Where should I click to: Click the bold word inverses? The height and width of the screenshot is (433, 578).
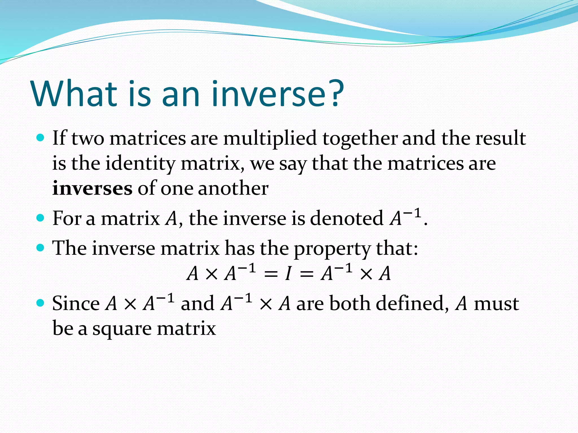pos(92,188)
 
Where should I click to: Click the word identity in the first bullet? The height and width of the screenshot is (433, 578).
pos(140,164)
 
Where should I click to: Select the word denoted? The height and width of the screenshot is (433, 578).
pos(347,218)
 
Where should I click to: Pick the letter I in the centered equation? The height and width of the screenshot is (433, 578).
pos(288,273)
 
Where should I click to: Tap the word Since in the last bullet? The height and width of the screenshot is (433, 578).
pos(76,304)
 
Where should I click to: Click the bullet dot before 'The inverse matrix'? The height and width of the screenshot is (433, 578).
pos(41,248)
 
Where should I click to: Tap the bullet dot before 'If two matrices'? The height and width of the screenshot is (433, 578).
pos(41,138)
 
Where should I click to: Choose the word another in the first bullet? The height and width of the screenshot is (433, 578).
pos(233,188)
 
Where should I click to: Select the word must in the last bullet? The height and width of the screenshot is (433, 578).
pos(496,304)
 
